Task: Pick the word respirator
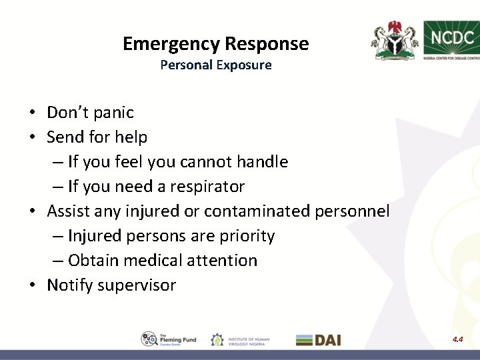point(209,187)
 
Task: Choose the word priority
point(251,236)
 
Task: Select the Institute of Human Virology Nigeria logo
point(241,339)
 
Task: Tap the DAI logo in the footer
point(319,339)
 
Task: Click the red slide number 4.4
point(458,339)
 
